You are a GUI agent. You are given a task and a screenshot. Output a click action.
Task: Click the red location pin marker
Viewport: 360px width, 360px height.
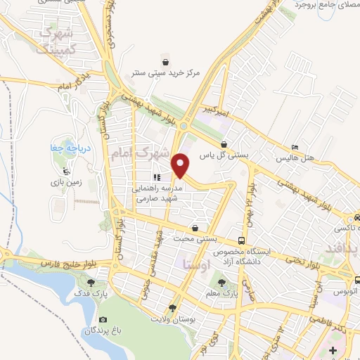click(181, 165)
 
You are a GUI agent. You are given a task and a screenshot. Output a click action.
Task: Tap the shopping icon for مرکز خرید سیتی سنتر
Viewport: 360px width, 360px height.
click(165, 58)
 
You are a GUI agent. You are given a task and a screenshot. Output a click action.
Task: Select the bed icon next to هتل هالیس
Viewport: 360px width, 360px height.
click(295, 147)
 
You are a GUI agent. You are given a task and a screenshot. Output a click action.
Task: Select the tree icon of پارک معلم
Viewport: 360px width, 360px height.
click(222, 281)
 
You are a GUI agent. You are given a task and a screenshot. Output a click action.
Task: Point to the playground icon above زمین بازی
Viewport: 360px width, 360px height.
click(66, 171)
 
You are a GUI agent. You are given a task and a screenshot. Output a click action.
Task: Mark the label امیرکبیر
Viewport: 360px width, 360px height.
click(212, 111)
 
